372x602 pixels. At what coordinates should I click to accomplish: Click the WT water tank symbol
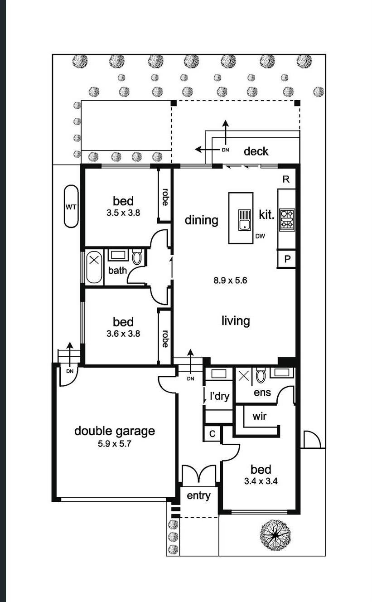(x=71, y=207)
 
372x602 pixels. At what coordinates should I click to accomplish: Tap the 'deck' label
(x=256, y=151)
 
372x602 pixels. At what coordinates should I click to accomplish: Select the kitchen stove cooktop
(x=287, y=219)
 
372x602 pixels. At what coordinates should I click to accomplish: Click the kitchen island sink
(x=245, y=220)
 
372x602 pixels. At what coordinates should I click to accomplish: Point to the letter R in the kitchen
(x=286, y=179)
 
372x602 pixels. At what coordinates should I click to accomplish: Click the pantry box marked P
(x=287, y=259)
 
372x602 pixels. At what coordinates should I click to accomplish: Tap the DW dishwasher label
(x=260, y=236)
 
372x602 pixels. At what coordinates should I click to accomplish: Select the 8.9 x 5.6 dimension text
(x=230, y=281)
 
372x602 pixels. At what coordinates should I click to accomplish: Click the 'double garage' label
(x=114, y=431)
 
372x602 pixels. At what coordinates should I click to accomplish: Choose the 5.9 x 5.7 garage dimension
(x=114, y=444)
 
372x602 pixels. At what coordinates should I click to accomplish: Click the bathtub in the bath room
(x=94, y=267)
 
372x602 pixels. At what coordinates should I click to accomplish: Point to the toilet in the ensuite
(x=260, y=376)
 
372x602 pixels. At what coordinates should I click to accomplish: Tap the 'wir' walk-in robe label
(x=259, y=416)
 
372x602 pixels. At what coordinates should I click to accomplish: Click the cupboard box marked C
(x=212, y=433)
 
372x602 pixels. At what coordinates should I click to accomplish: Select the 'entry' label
(x=198, y=496)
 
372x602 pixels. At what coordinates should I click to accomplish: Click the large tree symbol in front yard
(x=275, y=535)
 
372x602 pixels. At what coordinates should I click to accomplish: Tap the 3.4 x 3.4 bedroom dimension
(x=261, y=481)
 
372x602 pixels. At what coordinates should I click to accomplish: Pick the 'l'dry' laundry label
(x=219, y=396)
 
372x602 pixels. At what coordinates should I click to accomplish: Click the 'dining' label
(x=201, y=220)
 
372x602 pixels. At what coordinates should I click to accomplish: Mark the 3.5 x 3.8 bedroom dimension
(x=123, y=212)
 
